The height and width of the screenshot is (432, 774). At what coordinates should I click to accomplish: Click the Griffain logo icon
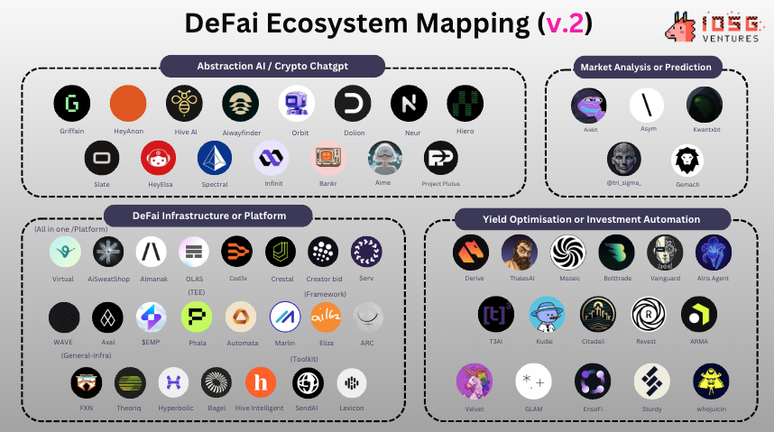click(71, 105)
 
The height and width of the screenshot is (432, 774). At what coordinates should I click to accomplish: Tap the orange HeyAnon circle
click(128, 105)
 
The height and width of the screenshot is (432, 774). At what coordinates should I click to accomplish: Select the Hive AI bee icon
click(184, 105)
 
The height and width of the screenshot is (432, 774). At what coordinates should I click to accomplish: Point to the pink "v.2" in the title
click(566, 23)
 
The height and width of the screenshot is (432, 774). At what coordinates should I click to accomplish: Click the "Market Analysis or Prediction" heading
click(646, 67)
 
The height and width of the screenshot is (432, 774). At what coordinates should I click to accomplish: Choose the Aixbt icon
click(590, 106)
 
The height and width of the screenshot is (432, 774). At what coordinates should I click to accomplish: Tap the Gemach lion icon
click(687, 161)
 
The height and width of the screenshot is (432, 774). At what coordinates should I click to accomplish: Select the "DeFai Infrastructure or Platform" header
click(207, 216)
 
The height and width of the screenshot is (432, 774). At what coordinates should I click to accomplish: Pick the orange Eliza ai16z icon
click(326, 317)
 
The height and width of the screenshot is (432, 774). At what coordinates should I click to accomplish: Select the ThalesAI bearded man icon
click(520, 253)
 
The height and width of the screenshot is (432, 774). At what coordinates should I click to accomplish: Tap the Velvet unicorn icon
click(475, 381)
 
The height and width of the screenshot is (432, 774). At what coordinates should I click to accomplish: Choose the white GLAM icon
click(533, 381)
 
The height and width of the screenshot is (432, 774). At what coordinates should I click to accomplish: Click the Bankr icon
click(328, 159)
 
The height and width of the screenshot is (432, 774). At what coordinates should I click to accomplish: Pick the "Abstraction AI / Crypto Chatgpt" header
click(272, 67)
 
